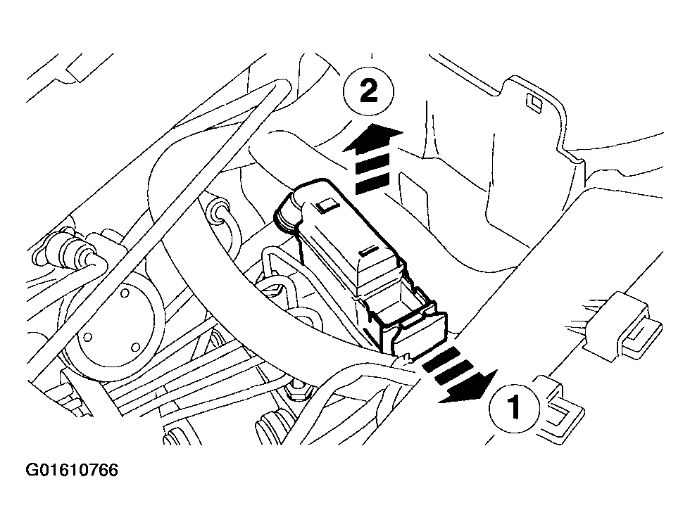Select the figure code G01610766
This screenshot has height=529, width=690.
73,470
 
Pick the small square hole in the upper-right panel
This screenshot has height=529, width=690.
534,103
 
